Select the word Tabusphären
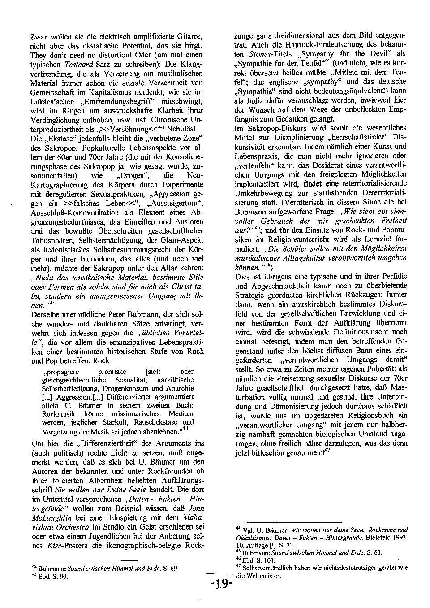click(50, 240)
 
